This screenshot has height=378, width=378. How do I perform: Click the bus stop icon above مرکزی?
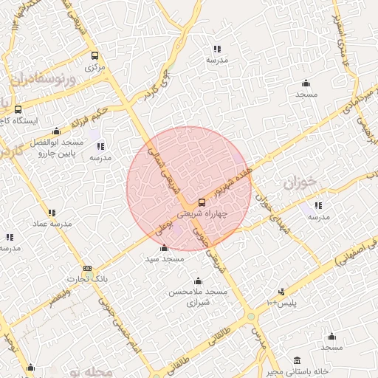94,55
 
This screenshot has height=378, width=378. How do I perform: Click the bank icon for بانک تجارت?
88,269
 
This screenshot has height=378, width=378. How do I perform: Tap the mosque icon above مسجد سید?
163,248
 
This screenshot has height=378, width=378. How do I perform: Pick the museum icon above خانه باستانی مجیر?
297,360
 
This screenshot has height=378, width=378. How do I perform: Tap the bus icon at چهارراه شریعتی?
202,203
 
